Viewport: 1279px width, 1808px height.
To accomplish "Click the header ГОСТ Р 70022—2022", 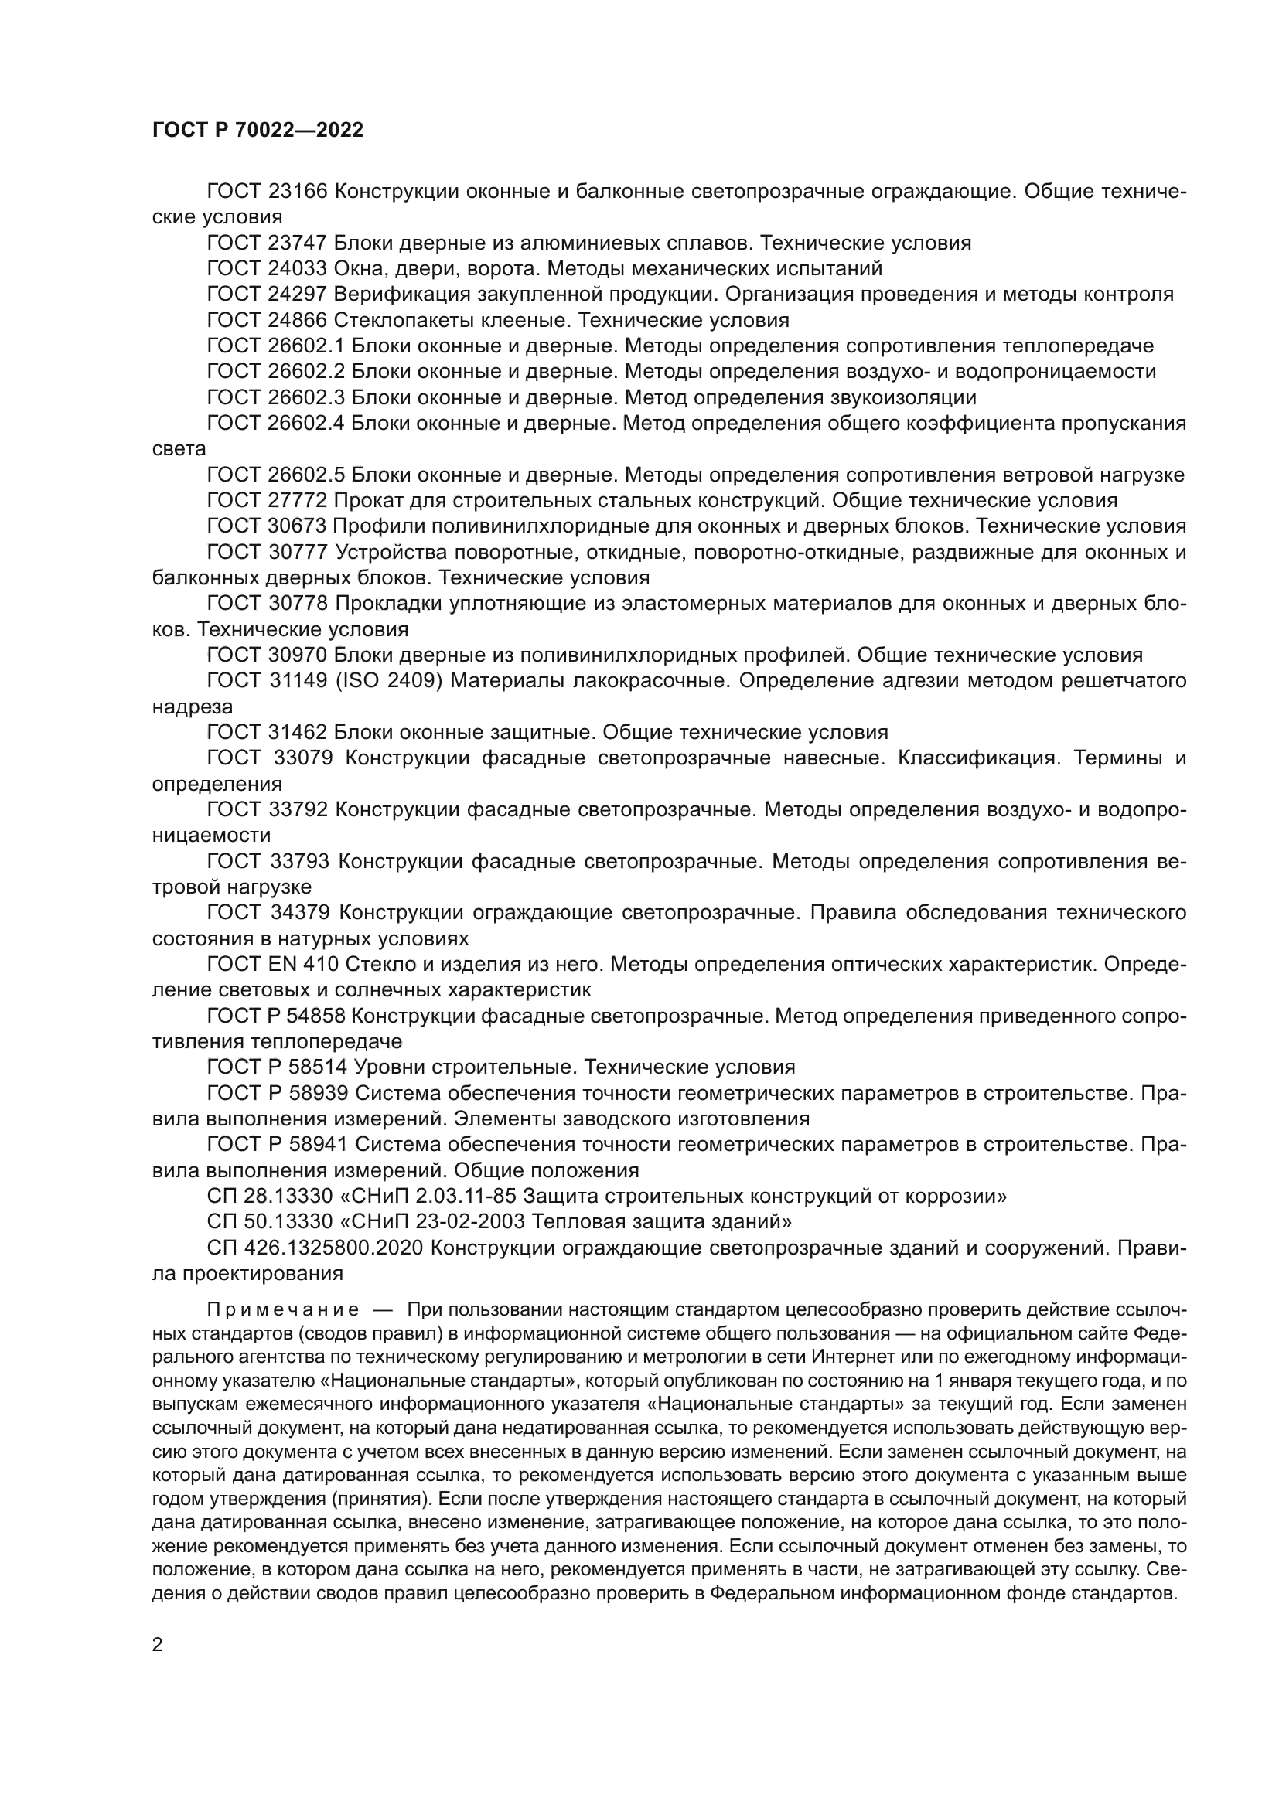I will (x=258, y=131).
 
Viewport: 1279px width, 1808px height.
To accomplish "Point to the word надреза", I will (x=193, y=707).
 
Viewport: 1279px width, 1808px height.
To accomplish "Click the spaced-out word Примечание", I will (x=283, y=1309).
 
